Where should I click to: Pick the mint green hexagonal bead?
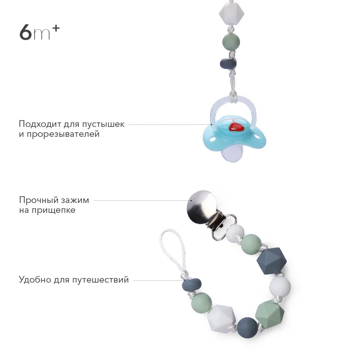pos(269,314)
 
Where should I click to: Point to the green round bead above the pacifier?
pos(231,42)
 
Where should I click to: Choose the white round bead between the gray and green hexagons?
pos(280,286)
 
